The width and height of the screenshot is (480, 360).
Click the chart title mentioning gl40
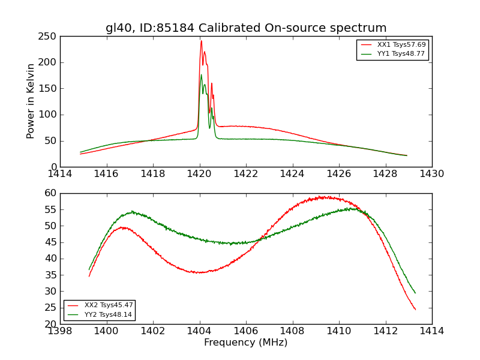coord(246,28)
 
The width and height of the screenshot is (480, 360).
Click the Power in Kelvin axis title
coord(31,101)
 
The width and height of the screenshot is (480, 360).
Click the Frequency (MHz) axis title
coord(246,343)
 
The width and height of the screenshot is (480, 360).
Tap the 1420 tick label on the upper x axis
coord(200,173)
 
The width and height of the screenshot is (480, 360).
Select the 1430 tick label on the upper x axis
coord(432,173)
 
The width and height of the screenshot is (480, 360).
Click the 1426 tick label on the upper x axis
coord(339,173)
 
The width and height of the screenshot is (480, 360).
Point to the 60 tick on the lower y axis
coord(50,193)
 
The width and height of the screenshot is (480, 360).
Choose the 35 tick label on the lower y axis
coord(50,275)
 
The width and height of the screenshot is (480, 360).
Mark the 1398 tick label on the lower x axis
coord(61,331)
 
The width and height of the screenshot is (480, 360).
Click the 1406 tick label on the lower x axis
coord(246,331)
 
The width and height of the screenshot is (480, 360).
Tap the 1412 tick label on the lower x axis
coord(385,331)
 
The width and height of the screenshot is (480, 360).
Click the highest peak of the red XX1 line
coord(201,41)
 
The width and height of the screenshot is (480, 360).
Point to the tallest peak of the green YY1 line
coord(201,74)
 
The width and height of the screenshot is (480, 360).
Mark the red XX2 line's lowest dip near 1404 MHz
coord(200,272)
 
